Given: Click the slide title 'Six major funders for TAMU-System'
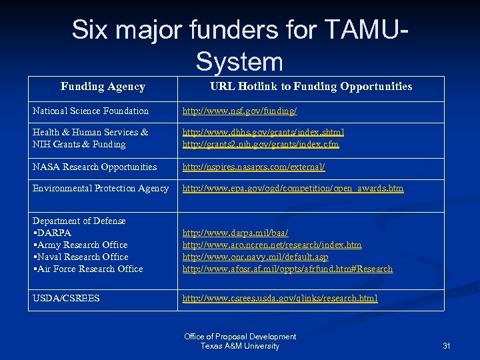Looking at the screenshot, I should pos(240,45).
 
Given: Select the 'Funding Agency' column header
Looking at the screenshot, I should pos(103,87).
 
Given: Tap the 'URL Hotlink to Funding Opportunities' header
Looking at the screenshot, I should pos(311,87).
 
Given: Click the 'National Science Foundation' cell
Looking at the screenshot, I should pos(91,111).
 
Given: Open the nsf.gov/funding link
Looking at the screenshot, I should pos(240,111).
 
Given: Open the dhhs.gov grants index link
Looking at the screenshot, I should pos(263,132).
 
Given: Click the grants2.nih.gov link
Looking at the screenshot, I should pos(261,144).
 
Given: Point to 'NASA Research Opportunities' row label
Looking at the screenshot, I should pos(95,167).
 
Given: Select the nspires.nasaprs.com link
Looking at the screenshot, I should pos(254,167).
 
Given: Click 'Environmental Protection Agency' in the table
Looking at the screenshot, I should pos(101,189).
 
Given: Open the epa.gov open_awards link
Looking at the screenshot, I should pos(293,189).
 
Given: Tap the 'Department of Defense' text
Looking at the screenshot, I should pos(79,221).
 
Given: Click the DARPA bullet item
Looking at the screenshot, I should pos(53,233).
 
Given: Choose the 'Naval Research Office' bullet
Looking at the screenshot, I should pos(82,257).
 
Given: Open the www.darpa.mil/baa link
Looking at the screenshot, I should pos(235,233).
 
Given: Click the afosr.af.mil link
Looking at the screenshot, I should pos(287,269).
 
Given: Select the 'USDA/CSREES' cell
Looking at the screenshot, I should pos(66,298).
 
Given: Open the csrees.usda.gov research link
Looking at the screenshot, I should pos(280,298).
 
